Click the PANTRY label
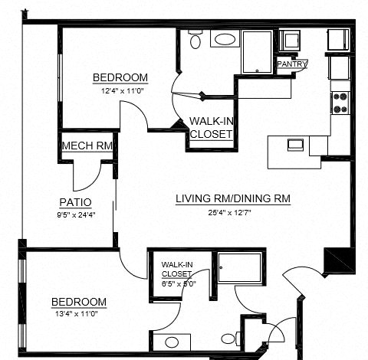tap(291, 64)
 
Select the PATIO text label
tap(75, 202)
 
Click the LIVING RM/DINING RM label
tap(233, 199)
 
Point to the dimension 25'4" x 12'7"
tap(233, 212)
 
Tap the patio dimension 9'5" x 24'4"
tap(75, 215)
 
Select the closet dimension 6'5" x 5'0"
tap(179, 282)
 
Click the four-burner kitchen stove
tap(340, 103)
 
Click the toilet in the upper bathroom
tap(195, 41)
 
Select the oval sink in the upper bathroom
tap(225, 40)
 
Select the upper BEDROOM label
tap(120, 77)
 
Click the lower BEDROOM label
tap(78, 301)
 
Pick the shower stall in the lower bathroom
tap(239, 268)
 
